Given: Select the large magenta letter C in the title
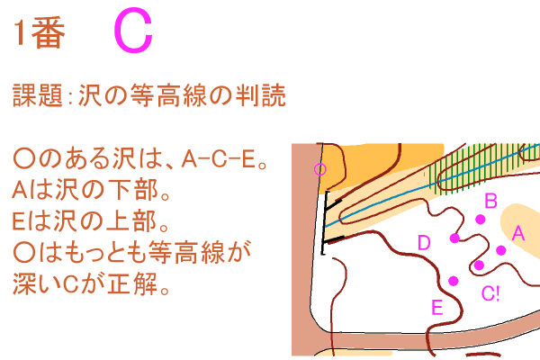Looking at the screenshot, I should (133, 31).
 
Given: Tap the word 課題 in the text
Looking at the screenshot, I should (36, 96).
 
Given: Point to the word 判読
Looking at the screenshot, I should (261, 96).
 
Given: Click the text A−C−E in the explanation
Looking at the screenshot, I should (218, 161).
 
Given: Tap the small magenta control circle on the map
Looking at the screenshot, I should (318, 168).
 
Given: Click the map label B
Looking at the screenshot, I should (490, 200).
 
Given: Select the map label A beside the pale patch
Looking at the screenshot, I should (517, 233).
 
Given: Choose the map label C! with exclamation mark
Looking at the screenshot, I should (491, 292).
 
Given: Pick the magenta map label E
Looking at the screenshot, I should (436, 308).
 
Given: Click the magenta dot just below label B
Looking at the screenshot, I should (481, 219).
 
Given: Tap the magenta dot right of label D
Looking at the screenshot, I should (454, 238).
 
